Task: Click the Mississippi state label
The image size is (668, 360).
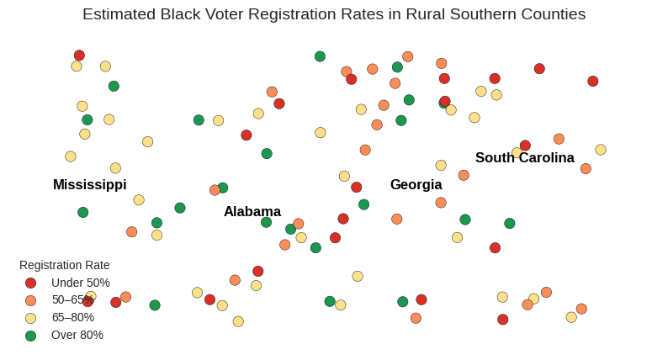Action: click(89, 184)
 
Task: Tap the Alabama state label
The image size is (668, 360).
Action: click(252, 211)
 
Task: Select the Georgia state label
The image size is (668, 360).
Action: click(416, 184)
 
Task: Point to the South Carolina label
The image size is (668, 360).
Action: click(524, 157)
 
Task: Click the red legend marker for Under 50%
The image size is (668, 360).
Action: click(30, 283)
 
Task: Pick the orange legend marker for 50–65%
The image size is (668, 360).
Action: click(30, 300)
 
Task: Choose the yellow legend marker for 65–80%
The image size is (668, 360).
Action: click(30, 318)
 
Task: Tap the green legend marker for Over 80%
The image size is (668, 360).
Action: click(30, 336)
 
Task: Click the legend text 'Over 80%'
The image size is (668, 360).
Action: click(77, 335)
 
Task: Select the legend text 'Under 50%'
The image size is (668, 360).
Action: click(81, 283)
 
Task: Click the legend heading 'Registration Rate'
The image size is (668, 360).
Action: click(65, 265)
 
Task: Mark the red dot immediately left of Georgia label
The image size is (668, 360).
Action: click(357, 187)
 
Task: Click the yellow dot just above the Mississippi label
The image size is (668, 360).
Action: click(115, 168)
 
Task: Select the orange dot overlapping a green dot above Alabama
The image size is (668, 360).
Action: click(215, 190)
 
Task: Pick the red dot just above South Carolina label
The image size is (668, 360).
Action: click(525, 146)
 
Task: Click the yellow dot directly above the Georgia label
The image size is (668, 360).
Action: click(441, 165)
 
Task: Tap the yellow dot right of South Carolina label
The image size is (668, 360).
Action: click(601, 150)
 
